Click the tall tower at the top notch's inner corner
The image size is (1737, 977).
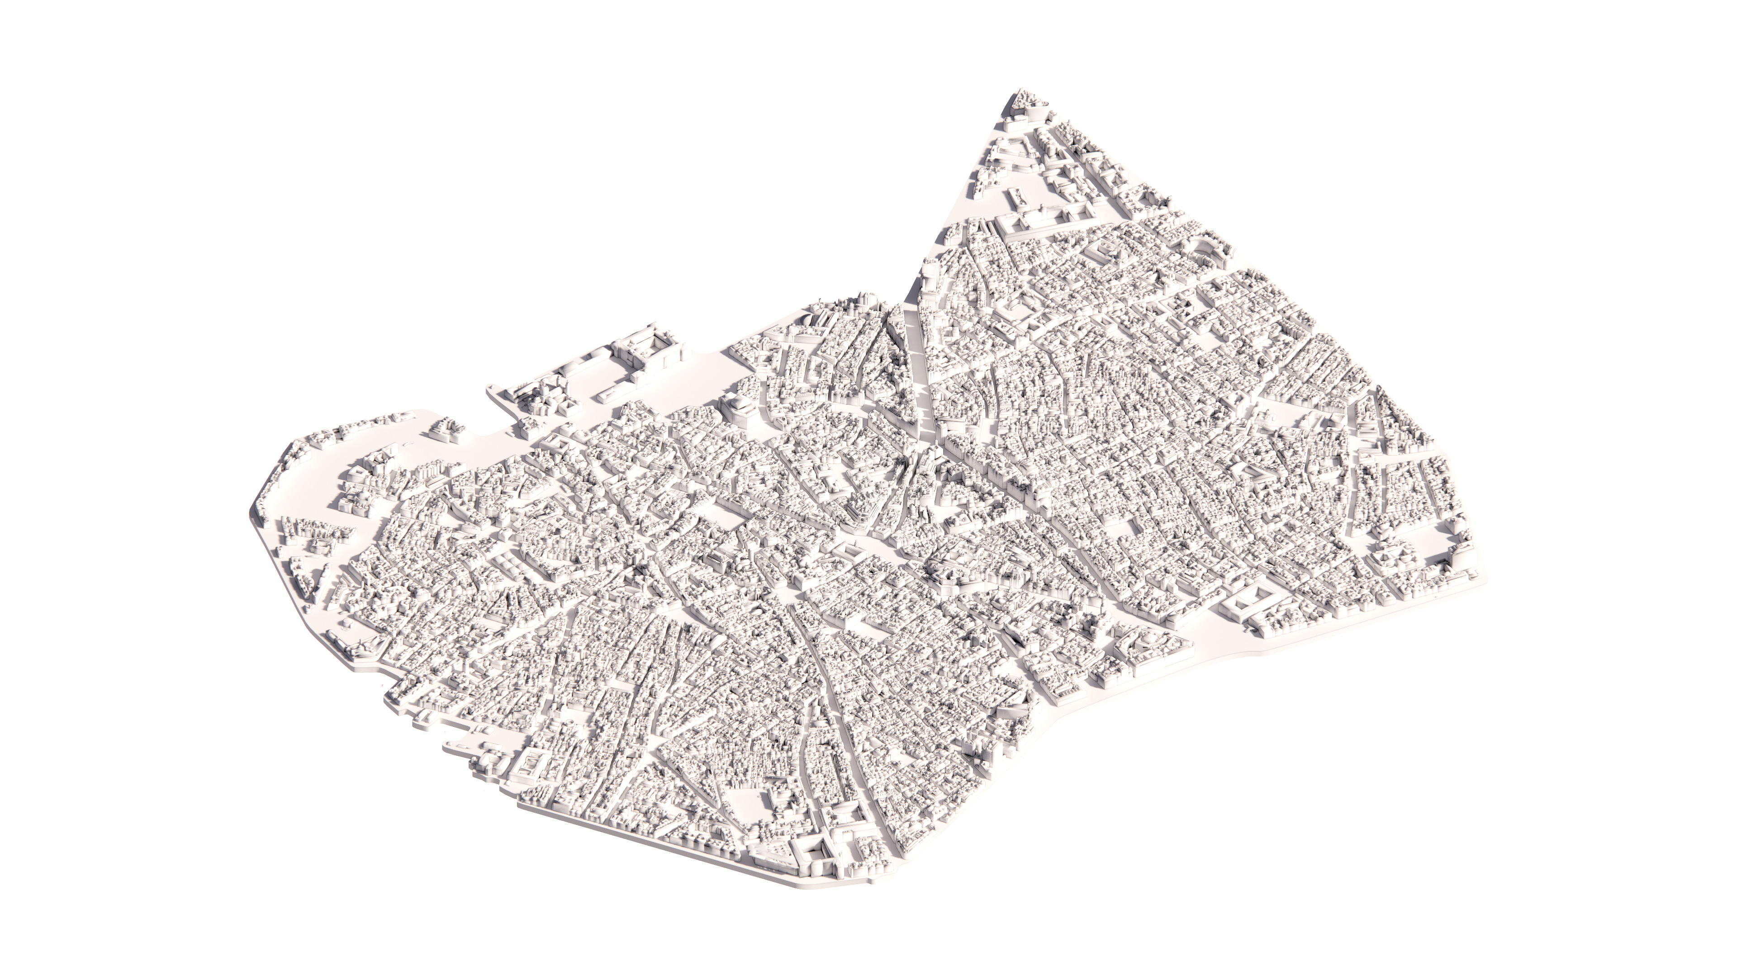[929, 276]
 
